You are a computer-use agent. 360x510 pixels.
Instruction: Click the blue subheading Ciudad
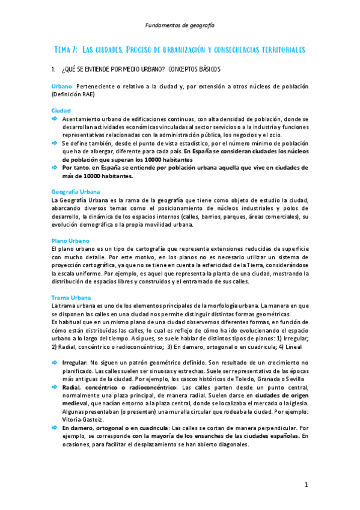click(61, 111)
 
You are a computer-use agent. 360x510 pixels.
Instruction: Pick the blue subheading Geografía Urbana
click(76, 191)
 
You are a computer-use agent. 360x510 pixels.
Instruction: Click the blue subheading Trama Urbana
click(72, 298)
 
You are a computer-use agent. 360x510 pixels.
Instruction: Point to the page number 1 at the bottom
click(306, 484)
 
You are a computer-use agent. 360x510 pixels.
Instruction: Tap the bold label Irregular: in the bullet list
click(75, 362)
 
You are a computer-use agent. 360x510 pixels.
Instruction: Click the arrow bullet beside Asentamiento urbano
click(55, 119)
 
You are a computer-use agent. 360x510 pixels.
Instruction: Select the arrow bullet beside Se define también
click(55, 144)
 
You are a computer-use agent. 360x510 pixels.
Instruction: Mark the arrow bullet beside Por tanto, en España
click(55, 168)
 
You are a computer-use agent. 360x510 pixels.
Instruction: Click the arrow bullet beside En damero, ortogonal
click(55, 427)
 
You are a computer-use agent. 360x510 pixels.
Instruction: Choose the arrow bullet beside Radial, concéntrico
click(55, 387)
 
